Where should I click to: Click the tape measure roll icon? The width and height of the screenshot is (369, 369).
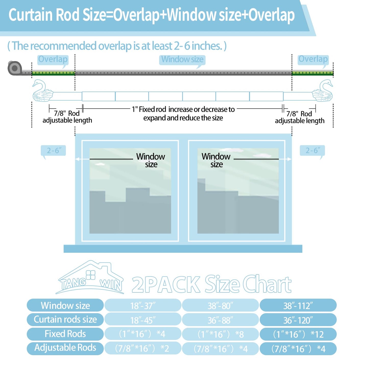tap(15, 68)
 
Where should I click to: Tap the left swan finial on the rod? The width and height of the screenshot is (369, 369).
tap(42, 90)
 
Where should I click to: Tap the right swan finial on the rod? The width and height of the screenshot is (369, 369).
tap(323, 90)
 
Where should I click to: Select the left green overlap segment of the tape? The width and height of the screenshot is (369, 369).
tap(53, 73)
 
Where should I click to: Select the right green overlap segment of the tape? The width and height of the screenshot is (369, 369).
tap(313, 73)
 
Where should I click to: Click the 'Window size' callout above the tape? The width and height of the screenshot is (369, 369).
tap(182, 60)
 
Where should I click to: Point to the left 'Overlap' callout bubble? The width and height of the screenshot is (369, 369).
tap(53, 60)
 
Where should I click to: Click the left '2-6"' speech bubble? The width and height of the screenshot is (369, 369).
tap(53, 151)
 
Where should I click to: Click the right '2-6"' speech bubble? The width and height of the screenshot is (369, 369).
tap(312, 151)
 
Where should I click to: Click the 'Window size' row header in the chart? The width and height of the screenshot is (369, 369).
tap(65, 305)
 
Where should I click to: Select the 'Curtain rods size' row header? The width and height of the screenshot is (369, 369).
tap(65, 320)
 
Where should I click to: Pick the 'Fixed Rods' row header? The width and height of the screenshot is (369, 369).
tap(65, 334)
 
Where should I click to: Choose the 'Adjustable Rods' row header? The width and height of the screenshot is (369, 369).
tap(65, 348)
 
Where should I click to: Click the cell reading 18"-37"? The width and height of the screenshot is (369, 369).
tap(143, 305)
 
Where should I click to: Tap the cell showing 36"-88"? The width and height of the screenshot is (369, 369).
tap(220, 320)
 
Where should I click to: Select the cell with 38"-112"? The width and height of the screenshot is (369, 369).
tap(298, 305)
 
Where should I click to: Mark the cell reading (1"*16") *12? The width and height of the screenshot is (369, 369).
tap(298, 334)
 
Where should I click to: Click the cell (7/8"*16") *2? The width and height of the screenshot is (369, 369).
tap(143, 348)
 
